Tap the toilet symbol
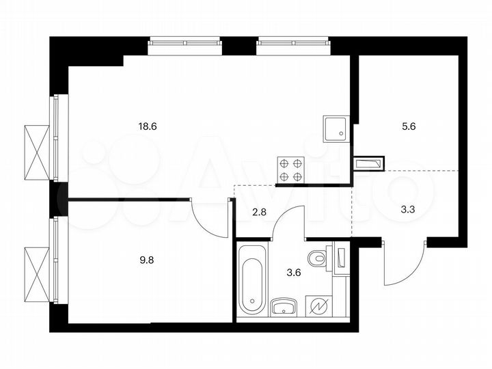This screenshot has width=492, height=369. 316,260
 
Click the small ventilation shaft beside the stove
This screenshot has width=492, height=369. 369,164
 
